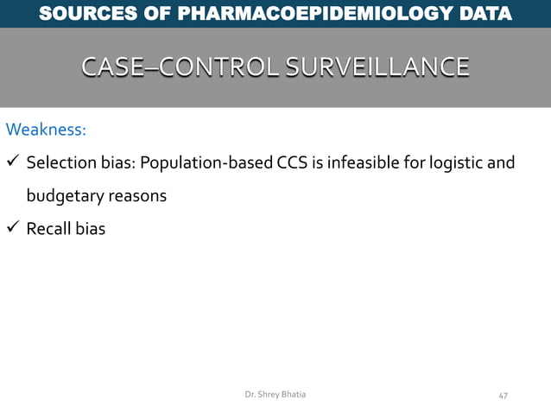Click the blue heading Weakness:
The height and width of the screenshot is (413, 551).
pos(46,130)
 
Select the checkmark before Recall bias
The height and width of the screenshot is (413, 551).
pos(13,229)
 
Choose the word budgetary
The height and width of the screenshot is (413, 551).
pos(66,196)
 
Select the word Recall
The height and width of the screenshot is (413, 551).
pos(48,229)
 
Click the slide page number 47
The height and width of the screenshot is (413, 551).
pos(503,395)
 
